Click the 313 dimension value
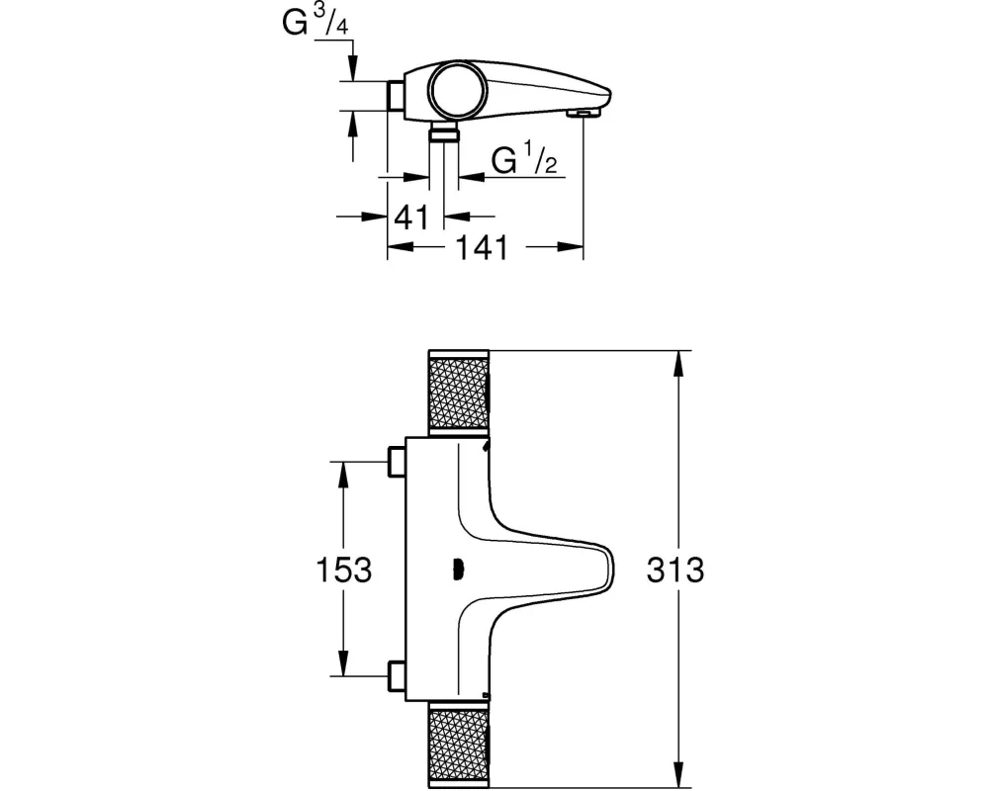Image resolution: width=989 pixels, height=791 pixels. tap(674, 570)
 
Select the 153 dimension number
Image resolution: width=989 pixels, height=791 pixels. tap(344, 570)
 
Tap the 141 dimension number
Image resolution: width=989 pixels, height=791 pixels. tap(482, 248)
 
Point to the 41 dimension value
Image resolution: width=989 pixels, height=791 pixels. tap(411, 218)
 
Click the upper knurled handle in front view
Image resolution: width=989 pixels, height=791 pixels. tap(459, 393)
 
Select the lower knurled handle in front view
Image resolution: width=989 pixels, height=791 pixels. tap(459, 746)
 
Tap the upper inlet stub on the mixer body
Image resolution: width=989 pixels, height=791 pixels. tap(397, 462)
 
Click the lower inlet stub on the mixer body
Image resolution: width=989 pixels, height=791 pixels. tap(397, 675)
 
